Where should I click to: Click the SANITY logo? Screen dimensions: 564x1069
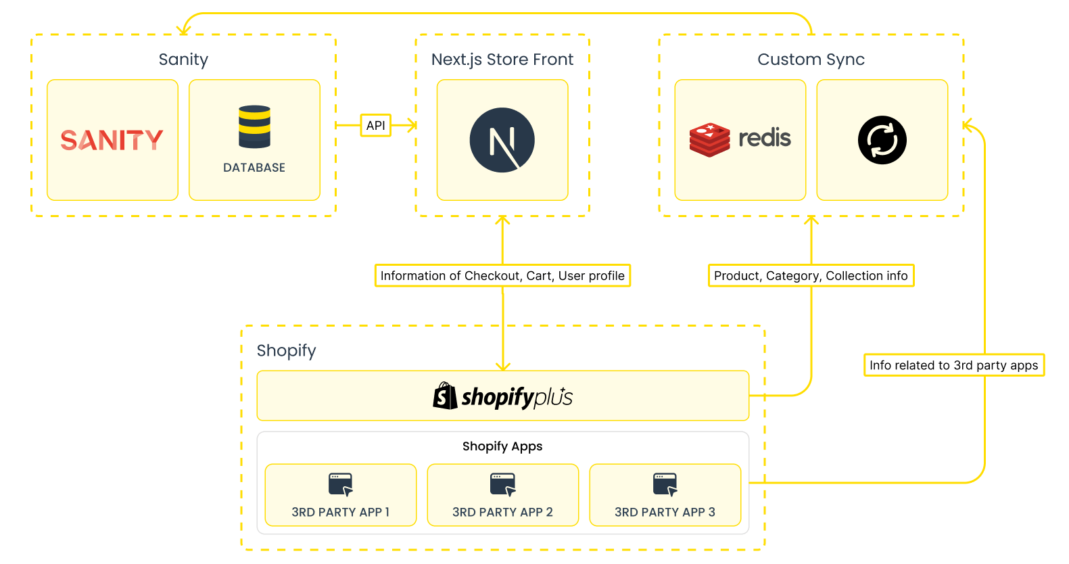(x=112, y=140)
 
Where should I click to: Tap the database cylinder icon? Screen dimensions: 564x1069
(x=254, y=126)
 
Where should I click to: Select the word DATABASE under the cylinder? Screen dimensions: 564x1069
(x=254, y=168)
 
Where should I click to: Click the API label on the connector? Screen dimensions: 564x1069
(x=375, y=125)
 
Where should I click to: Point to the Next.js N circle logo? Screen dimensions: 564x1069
(x=502, y=140)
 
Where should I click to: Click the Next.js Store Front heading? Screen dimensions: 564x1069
(x=502, y=60)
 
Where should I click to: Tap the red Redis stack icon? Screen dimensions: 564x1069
(x=709, y=140)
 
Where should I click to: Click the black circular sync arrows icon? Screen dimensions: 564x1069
(x=882, y=140)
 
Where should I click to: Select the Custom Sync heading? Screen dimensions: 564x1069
(x=811, y=60)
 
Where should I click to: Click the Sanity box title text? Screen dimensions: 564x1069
(x=183, y=60)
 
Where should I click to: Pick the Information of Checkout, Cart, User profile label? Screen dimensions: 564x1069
(x=502, y=275)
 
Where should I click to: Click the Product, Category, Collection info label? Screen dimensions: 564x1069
(x=811, y=275)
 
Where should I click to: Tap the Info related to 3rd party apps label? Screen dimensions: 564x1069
(x=953, y=365)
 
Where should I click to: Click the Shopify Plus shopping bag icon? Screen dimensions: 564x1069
(x=445, y=396)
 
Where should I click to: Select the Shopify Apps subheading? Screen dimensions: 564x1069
(x=502, y=446)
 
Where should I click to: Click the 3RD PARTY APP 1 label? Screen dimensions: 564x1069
(x=340, y=512)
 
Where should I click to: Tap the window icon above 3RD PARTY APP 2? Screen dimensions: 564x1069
(x=502, y=484)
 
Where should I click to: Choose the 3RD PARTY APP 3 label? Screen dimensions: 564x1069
(x=665, y=512)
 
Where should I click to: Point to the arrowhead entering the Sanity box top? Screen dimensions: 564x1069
(x=183, y=30)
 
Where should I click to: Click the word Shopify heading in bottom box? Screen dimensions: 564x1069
(x=286, y=350)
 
